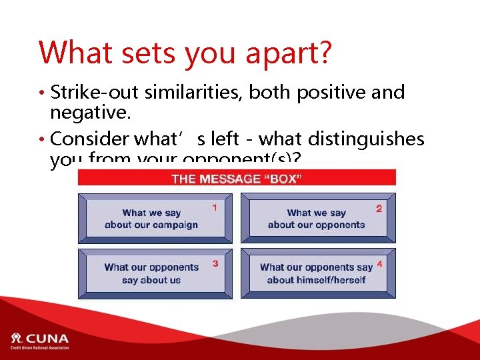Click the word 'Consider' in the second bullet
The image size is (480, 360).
point(89,139)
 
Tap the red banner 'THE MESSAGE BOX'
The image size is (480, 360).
point(237,178)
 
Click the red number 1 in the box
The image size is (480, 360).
point(215,208)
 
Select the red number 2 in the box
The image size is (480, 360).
point(379,209)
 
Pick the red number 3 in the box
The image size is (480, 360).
point(215,264)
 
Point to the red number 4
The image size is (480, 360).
point(379,264)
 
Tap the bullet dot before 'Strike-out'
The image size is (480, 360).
point(42,93)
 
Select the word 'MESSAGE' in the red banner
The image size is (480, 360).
point(230,178)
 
